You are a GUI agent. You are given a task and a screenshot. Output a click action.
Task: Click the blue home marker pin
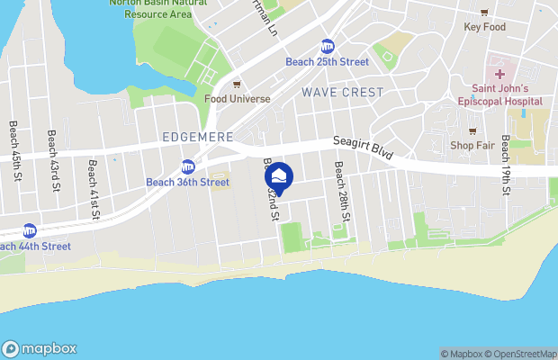[x=280, y=177]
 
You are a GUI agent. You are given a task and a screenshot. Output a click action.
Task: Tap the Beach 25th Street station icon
[x=328, y=46]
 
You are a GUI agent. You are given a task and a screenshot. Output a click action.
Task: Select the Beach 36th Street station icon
[x=188, y=166]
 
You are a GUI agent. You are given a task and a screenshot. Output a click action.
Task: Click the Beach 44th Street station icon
[x=30, y=230]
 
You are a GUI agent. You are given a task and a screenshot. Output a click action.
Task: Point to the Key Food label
[x=484, y=27]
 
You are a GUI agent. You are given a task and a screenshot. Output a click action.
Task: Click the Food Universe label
[x=237, y=98]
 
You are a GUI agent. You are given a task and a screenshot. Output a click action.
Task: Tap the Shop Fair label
[x=473, y=145]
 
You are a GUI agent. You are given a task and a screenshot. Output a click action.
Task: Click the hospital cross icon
[x=499, y=73]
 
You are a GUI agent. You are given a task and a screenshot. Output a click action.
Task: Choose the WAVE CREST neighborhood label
[x=342, y=93]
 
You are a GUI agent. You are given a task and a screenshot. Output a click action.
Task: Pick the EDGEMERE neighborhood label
[x=198, y=137]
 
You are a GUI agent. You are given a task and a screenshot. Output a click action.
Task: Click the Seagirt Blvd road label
[x=364, y=148]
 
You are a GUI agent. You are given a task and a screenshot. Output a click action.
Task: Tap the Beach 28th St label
[x=342, y=191]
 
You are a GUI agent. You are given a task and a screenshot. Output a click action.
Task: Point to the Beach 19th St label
[x=507, y=165]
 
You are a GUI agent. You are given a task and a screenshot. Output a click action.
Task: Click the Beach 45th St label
[x=14, y=150]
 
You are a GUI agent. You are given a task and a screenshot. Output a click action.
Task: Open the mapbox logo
[x=40, y=349]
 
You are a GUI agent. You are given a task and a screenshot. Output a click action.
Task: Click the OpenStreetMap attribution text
[x=524, y=354]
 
